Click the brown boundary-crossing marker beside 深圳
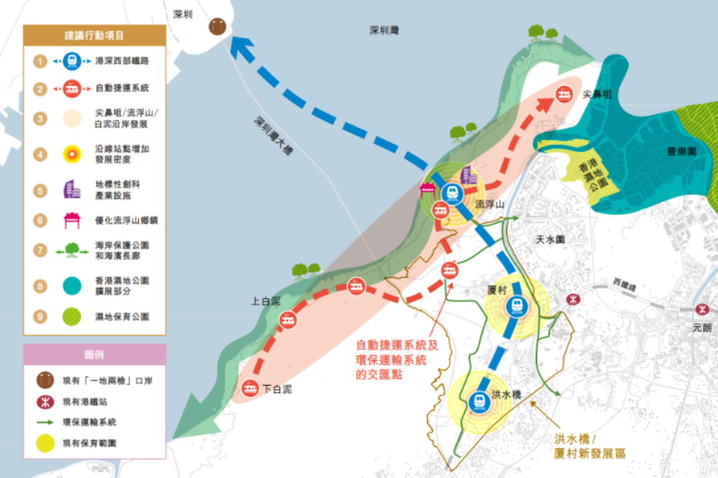click(217, 27)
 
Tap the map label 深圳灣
click(384, 30)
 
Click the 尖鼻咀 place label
click(597, 94)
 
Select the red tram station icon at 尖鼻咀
click(562, 95)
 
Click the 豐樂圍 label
click(681, 151)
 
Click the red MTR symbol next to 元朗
click(701, 309)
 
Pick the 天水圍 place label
click(550, 240)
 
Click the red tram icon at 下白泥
click(250, 387)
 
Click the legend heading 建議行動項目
click(95, 35)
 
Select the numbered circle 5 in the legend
click(41, 189)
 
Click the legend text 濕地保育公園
click(121, 317)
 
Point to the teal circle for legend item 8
click(71, 285)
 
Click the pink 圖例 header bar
click(95, 355)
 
